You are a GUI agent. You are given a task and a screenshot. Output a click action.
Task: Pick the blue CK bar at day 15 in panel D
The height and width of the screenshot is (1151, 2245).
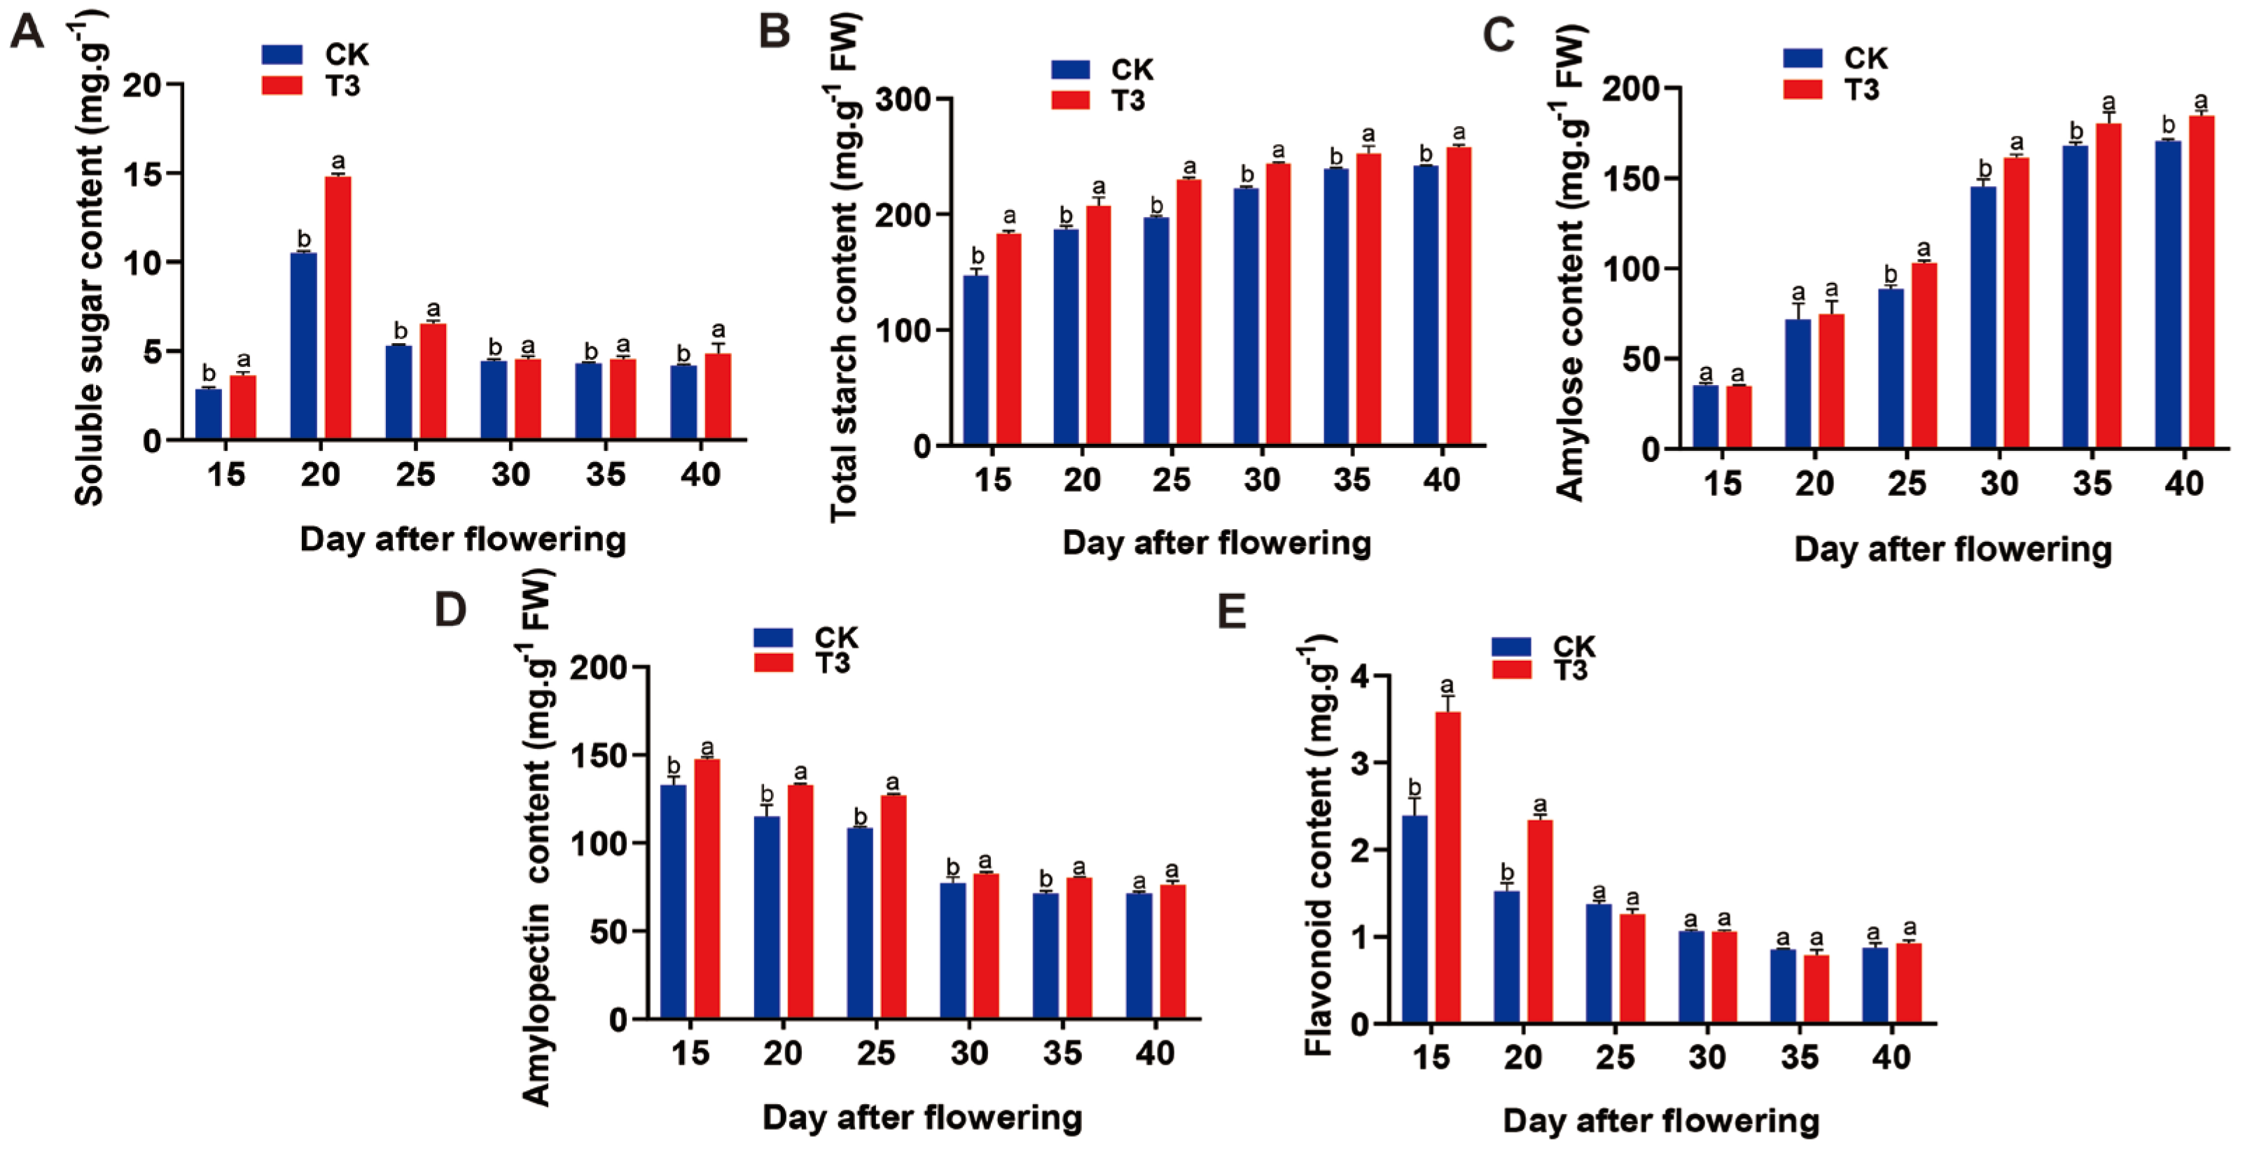(673, 901)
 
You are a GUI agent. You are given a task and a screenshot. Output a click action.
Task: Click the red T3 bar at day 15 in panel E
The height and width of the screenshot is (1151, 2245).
(1447, 867)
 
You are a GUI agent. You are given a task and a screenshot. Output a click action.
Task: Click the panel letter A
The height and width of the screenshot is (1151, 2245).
(27, 33)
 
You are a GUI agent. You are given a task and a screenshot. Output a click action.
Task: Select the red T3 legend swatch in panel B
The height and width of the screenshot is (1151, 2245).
(1070, 100)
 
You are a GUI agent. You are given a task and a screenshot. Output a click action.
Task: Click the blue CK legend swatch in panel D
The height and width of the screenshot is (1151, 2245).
(773, 638)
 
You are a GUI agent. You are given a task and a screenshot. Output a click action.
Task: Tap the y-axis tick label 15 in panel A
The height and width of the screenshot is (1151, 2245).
(143, 174)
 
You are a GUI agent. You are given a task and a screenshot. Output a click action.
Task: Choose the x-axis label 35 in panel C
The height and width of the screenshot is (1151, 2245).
(2092, 482)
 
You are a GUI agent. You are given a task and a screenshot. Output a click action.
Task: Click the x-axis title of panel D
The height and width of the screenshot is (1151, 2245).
(922, 1117)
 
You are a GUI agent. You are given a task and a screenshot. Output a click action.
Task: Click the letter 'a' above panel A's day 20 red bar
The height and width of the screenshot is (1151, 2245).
(338, 161)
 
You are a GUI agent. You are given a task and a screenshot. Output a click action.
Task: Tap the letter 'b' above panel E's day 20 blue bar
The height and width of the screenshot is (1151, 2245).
(1507, 872)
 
